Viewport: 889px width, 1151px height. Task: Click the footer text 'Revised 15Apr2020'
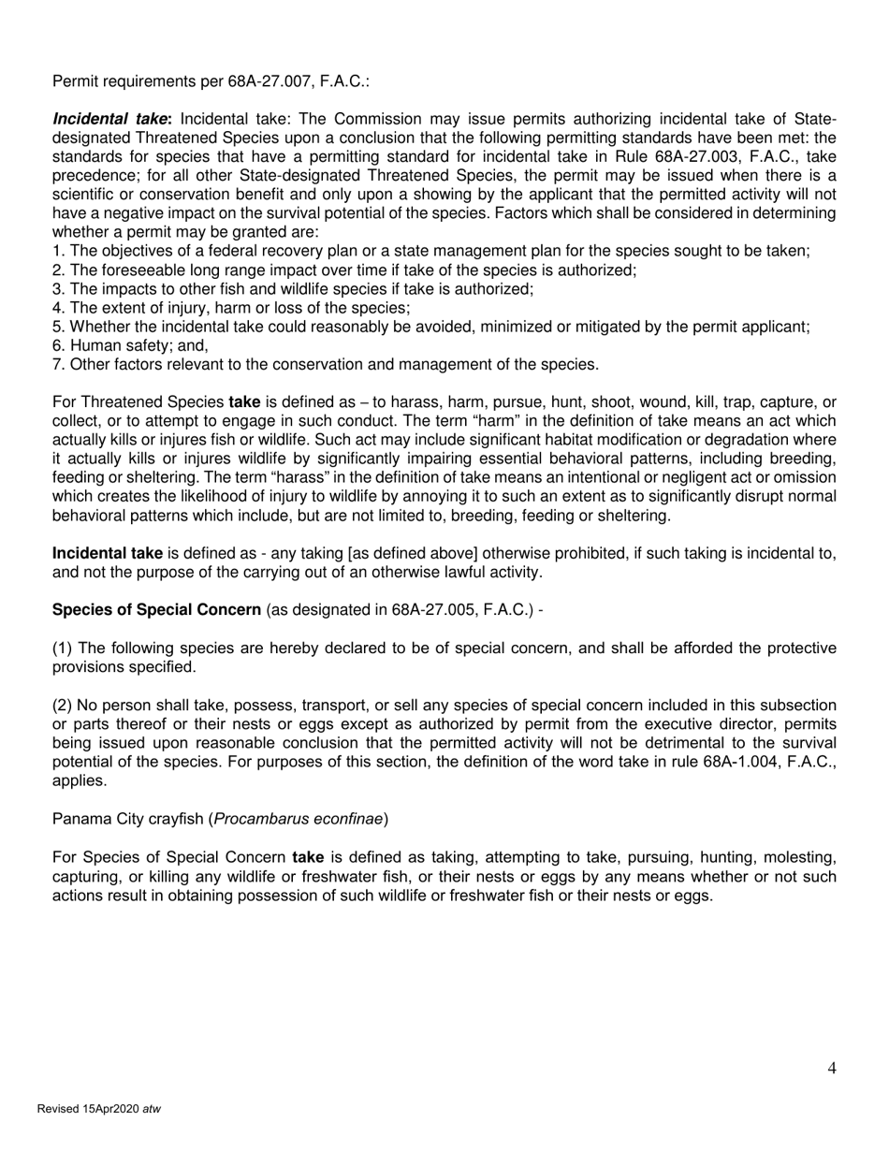tap(87, 1109)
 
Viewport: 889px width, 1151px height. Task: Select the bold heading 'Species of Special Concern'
tap(156, 610)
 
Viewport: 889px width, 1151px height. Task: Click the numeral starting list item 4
tap(57, 308)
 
